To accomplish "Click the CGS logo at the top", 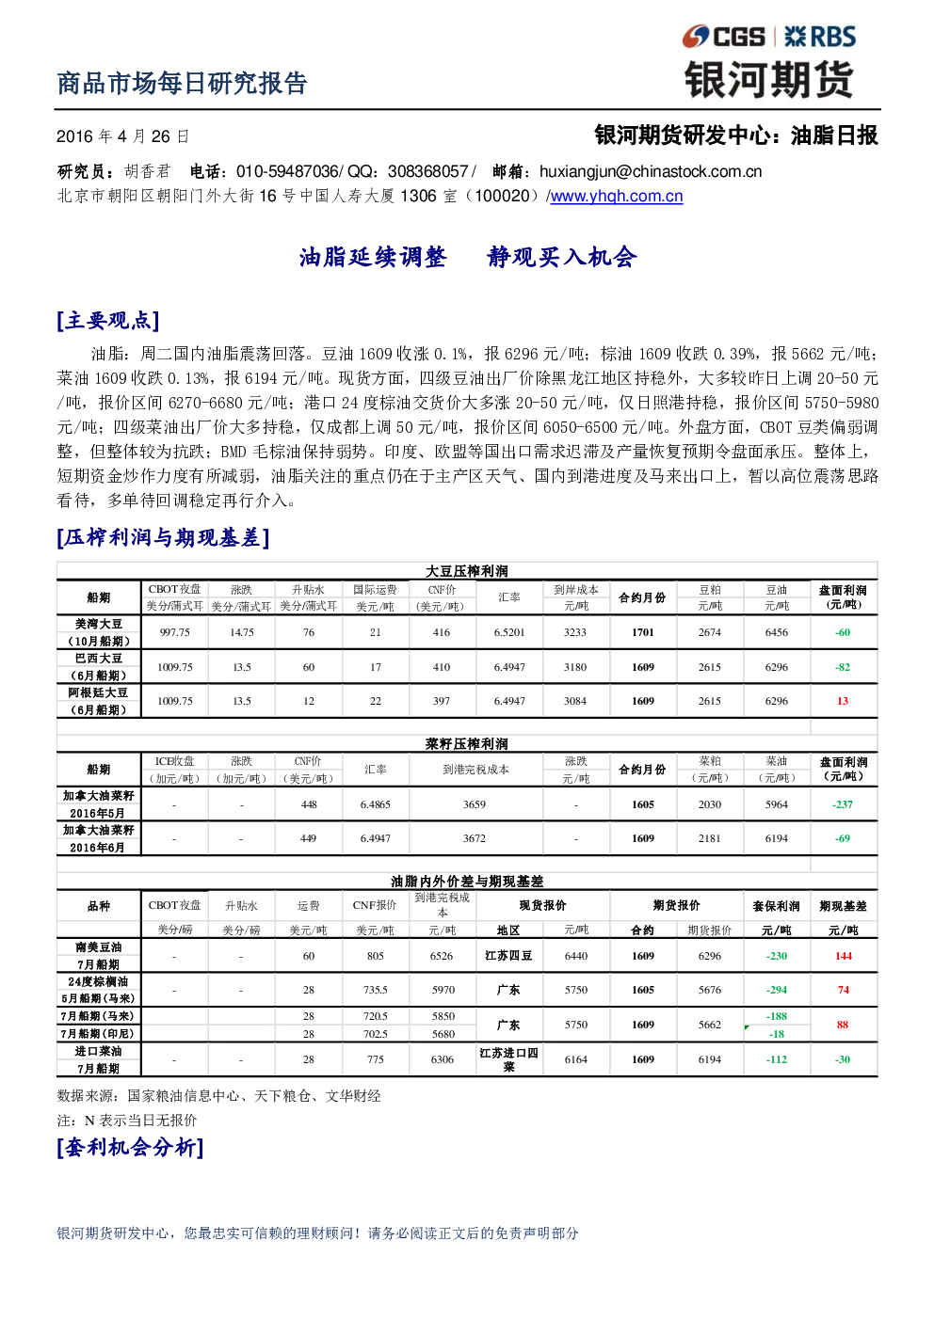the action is point(723,37).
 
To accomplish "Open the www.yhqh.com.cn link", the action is point(617,196).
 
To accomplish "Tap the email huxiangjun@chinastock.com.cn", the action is point(651,171).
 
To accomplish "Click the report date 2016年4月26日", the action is point(122,136).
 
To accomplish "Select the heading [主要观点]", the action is point(108,321).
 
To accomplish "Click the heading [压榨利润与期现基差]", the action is point(163,537).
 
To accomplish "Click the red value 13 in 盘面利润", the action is point(843,701).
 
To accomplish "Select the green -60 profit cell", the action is point(843,632).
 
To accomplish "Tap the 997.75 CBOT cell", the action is point(174,632).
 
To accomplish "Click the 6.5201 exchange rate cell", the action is point(508,632).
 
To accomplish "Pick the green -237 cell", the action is point(843,804).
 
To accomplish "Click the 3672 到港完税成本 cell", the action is point(475,838).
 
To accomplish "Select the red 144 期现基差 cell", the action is point(844,956).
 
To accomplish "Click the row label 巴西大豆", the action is point(99,659).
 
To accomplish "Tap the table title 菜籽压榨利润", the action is point(466,743).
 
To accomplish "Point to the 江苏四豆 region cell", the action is point(508,956).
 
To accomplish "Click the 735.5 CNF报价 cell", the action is point(375,990).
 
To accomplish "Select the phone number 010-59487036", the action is point(287,171).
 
